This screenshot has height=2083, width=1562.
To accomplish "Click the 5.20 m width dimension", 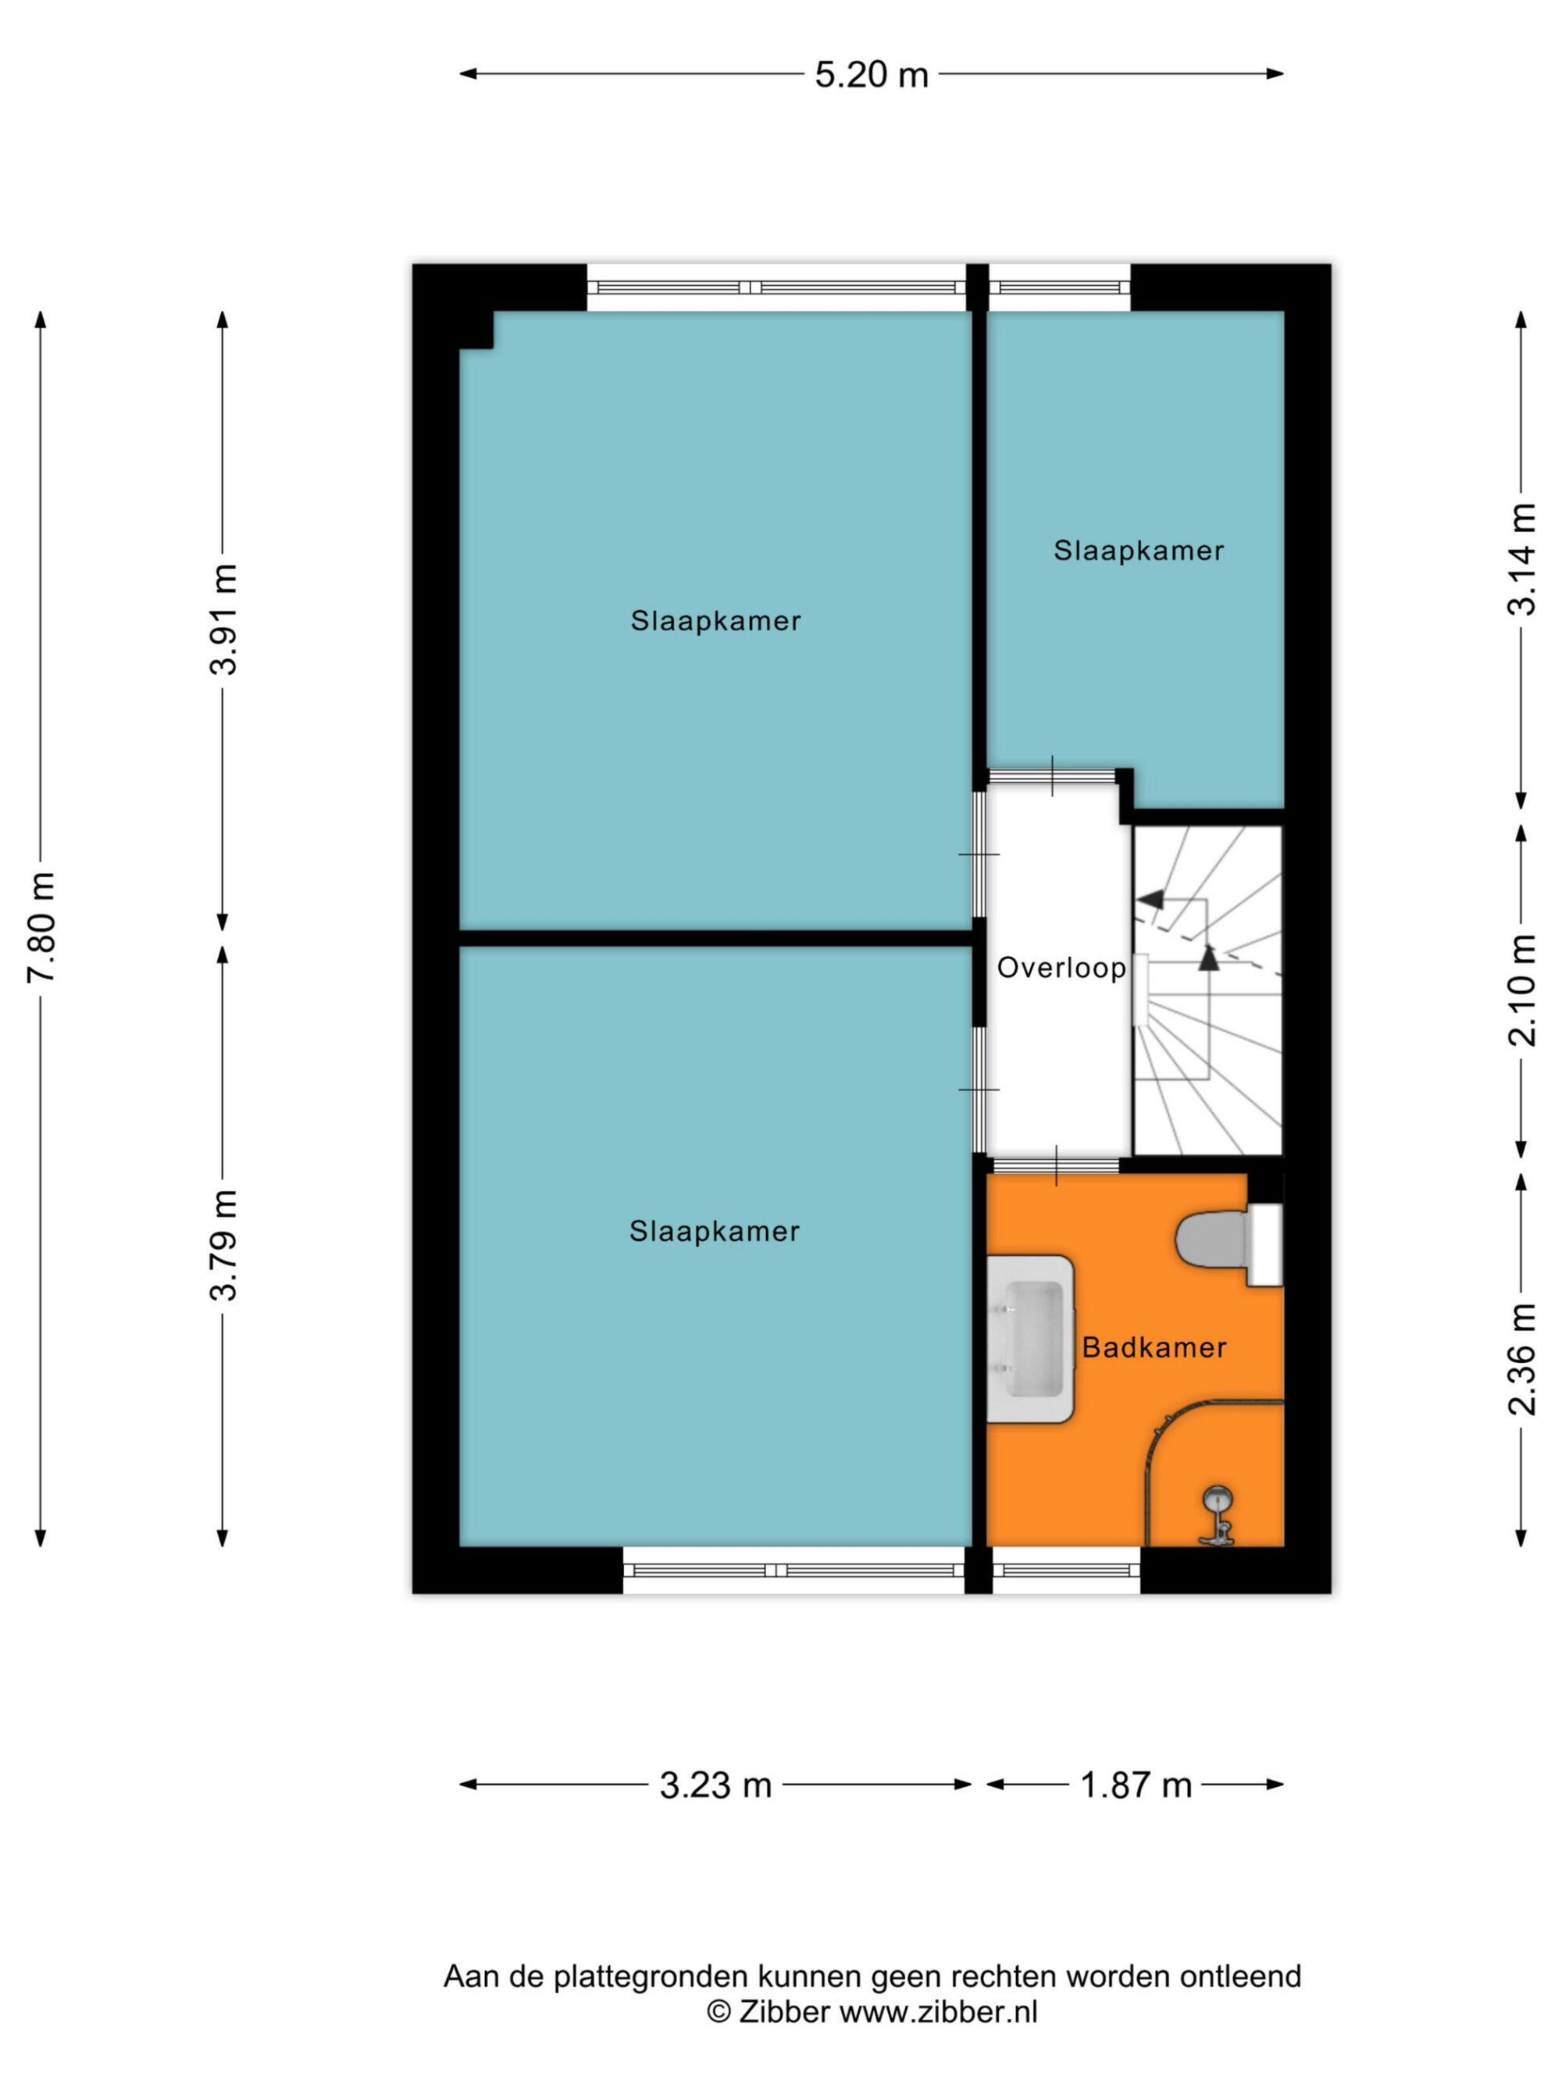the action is tap(871, 74).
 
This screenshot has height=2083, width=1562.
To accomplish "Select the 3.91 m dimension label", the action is tap(224, 619).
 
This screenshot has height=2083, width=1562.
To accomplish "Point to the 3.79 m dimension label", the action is tap(224, 1244).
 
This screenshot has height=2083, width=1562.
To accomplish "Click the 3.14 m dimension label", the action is tap(1521, 559).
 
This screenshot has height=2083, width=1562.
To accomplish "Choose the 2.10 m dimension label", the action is tap(1521, 990).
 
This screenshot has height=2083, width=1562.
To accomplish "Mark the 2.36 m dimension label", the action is tap(1521, 1359).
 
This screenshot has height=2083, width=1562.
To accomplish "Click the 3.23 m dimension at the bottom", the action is tap(715, 1785).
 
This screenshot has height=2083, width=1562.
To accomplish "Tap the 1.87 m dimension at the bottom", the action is tap(1136, 1785).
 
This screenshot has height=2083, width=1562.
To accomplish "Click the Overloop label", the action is tap(1061, 968).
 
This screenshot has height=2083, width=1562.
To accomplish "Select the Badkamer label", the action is tap(1154, 1347).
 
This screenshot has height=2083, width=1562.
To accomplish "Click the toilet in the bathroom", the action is tap(1229, 1244).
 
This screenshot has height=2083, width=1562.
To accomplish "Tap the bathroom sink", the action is tap(1030, 1338).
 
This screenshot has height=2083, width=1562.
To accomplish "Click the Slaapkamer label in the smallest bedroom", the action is tap(1139, 551).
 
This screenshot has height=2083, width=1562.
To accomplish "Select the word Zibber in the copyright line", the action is tap(784, 2013).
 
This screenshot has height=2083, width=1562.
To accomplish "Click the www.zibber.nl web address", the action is tap(939, 2013).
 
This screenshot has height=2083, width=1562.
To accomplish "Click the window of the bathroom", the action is tap(1066, 1570).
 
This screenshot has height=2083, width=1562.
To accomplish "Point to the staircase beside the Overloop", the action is tap(1207, 990).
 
